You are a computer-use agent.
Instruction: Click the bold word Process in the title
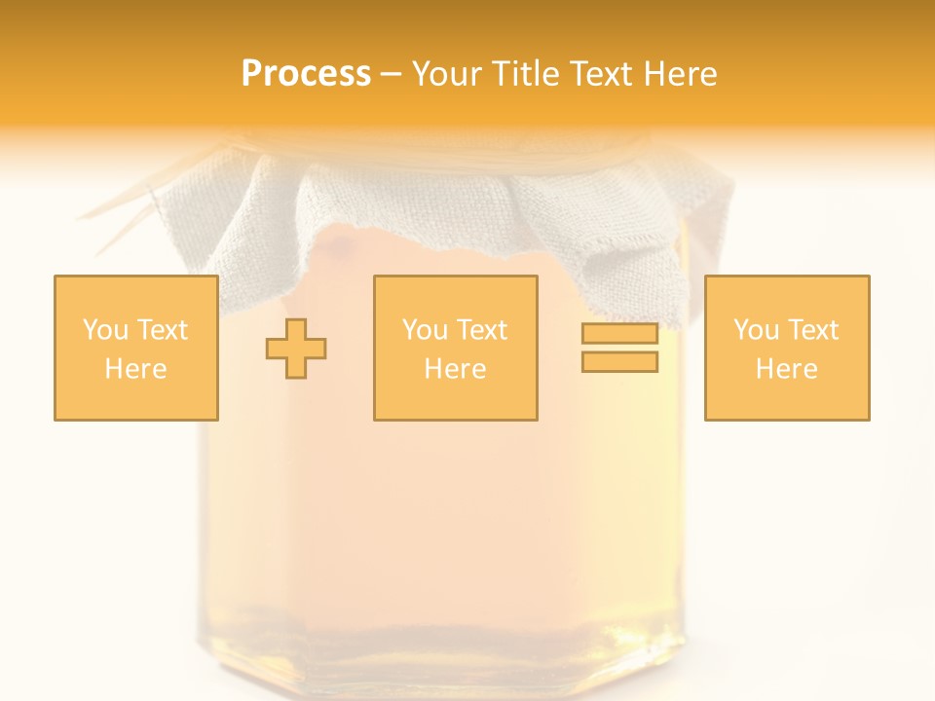coord(306,74)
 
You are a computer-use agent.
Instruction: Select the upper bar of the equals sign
coord(619,334)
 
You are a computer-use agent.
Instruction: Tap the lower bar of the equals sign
coord(619,361)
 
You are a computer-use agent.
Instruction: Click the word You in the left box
coord(104,330)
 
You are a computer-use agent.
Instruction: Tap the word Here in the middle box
coord(455,369)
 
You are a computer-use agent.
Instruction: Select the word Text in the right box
coord(812,330)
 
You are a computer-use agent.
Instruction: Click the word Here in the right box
coord(786,369)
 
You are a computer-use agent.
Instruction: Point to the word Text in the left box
coord(162,330)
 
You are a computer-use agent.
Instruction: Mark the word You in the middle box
coord(425,330)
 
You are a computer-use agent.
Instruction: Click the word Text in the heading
coord(598,74)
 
